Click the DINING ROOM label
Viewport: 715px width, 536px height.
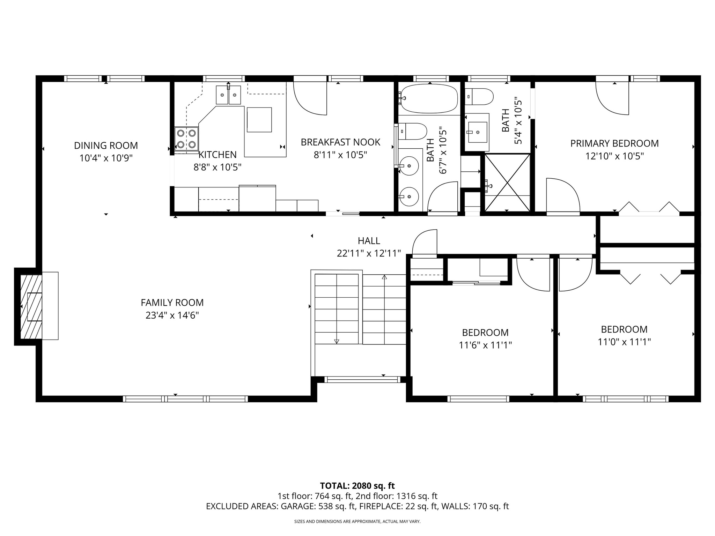[106, 145]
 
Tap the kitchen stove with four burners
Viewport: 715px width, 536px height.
[186, 138]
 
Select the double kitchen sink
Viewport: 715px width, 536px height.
[228, 95]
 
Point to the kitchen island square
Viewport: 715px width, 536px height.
[259, 120]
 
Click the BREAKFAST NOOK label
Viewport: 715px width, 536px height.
[340, 142]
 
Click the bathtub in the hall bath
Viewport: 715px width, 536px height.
[429, 98]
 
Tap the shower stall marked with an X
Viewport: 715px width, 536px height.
[507, 183]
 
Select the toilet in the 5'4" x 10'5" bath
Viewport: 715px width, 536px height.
[479, 97]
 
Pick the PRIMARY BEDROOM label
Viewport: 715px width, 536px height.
[614, 143]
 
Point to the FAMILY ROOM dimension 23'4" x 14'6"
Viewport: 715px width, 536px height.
[172, 315]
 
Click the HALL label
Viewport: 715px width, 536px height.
[369, 241]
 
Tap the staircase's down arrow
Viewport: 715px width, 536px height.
[337, 341]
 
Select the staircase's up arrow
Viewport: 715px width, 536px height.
[384, 277]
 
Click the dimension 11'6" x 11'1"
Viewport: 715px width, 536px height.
[485, 345]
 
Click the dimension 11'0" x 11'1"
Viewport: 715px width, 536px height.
[624, 342]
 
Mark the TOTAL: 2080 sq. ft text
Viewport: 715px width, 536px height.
[357, 486]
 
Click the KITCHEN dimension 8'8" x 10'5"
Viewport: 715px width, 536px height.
[218, 167]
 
